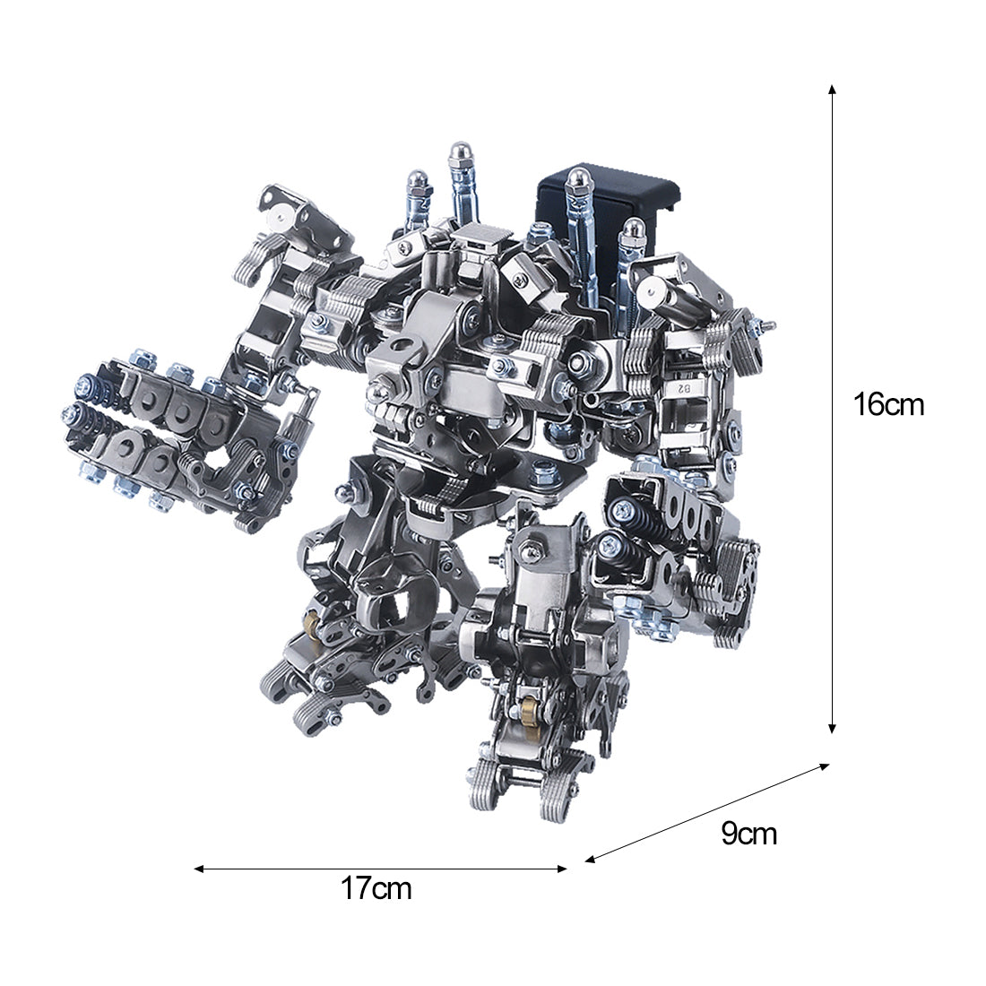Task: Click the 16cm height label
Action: pyautogui.click(x=888, y=404)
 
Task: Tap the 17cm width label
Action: pyautogui.click(x=376, y=888)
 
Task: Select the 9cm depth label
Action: pyautogui.click(x=749, y=834)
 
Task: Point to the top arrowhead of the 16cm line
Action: pyautogui.click(x=832, y=90)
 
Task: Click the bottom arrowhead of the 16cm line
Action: pyautogui.click(x=832, y=728)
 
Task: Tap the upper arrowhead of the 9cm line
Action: pyautogui.click(x=824, y=766)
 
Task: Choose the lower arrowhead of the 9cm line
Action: pyautogui.click(x=591, y=859)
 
